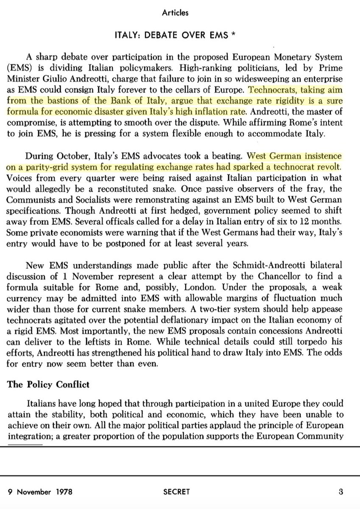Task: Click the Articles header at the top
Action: (x=175, y=13)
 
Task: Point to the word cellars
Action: (x=189, y=90)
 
